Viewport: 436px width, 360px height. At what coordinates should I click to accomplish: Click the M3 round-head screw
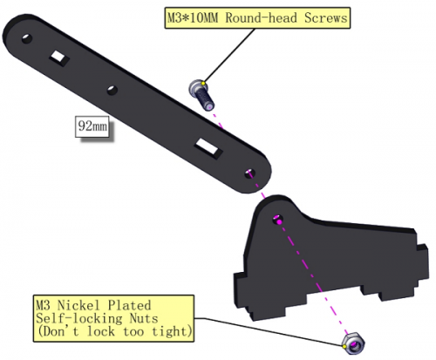click(201, 95)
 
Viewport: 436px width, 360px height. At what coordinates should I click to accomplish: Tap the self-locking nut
click(353, 343)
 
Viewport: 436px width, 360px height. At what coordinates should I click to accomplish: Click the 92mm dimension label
click(92, 126)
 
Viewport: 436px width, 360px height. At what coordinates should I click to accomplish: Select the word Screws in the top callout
click(326, 17)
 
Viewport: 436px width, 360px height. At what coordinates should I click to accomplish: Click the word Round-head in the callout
click(261, 17)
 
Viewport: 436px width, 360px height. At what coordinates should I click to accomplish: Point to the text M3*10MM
click(192, 17)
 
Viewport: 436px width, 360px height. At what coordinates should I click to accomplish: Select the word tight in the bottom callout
click(171, 331)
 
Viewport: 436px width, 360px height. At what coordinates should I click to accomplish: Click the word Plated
click(130, 305)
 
